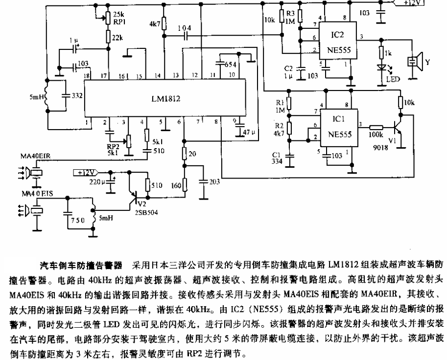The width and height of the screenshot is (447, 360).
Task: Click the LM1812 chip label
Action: [165, 98]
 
